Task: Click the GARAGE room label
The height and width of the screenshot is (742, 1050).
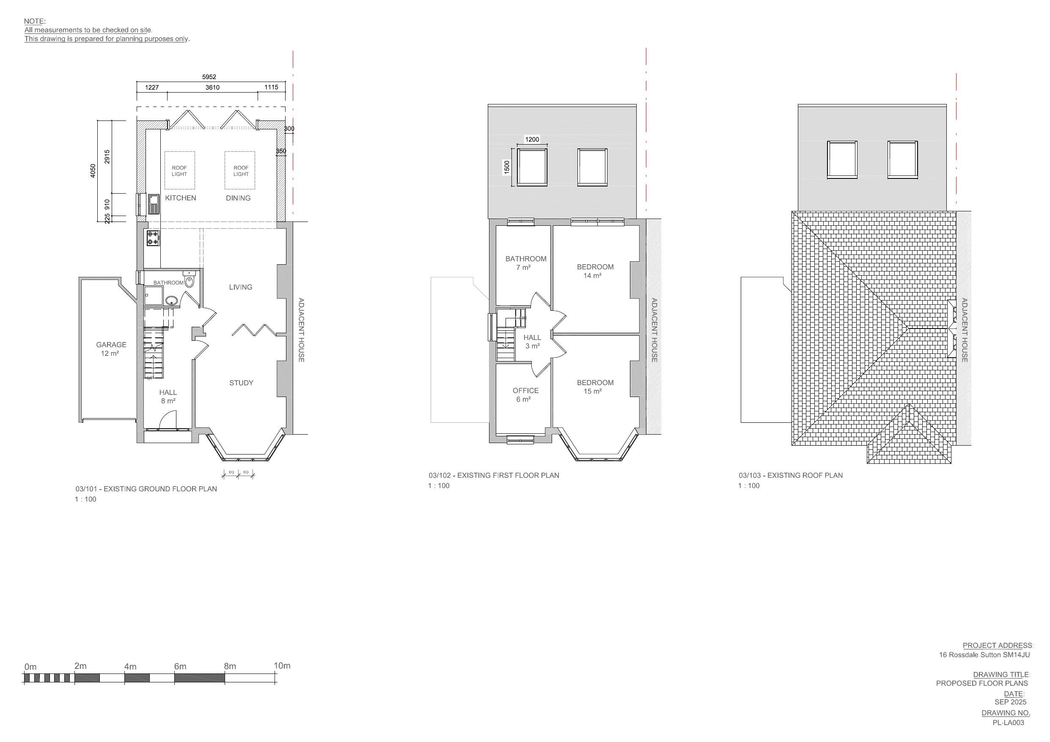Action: pyautogui.click(x=111, y=349)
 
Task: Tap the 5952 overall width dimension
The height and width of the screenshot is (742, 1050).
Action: pyautogui.click(x=209, y=77)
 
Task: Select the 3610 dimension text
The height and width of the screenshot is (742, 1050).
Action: pyautogui.click(x=212, y=88)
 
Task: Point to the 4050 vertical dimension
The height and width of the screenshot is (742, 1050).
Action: pyautogui.click(x=93, y=170)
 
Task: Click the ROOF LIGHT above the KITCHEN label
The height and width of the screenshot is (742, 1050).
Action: pyautogui.click(x=179, y=170)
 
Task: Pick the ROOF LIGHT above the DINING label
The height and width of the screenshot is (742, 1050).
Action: pyautogui.click(x=241, y=170)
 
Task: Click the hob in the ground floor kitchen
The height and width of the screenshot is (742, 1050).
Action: pyautogui.click(x=153, y=238)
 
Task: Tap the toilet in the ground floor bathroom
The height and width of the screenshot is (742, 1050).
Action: pyautogui.click(x=189, y=280)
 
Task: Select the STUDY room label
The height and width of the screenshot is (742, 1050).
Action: pyautogui.click(x=241, y=383)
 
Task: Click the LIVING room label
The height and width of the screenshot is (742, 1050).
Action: pyautogui.click(x=241, y=287)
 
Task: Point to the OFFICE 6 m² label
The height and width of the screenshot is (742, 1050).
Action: pyautogui.click(x=525, y=394)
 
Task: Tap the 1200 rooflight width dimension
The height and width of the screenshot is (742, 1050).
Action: pyautogui.click(x=532, y=140)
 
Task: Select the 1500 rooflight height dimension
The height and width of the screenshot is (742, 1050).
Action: pyautogui.click(x=507, y=167)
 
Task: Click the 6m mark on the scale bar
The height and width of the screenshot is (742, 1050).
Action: pyautogui.click(x=180, y=667)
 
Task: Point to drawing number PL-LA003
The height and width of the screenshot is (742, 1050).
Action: pyautogui.click(x=1008, y=723)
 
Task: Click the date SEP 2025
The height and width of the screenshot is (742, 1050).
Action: pyautogui.click(x=1010, y=702)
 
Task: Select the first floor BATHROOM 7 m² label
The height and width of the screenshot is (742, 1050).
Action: pyautogui.click(x=525, y=263)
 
